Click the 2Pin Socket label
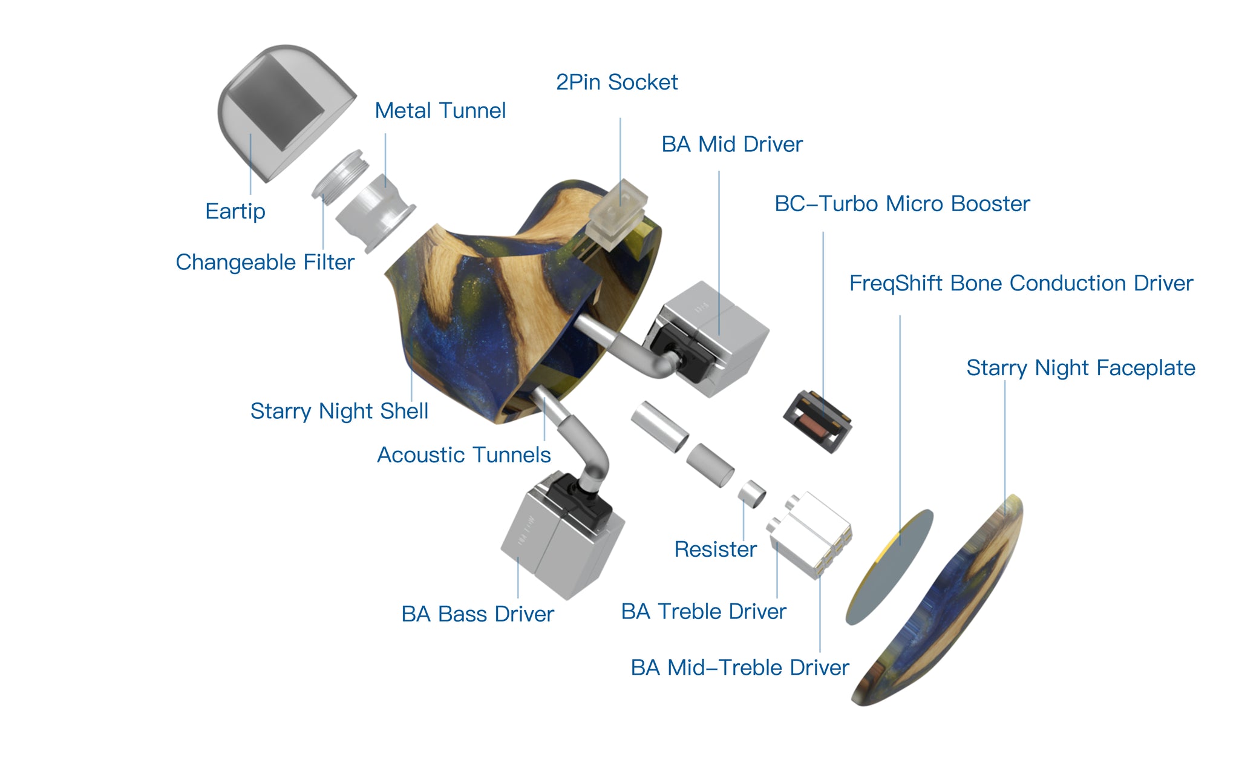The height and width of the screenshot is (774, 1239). (616, 82)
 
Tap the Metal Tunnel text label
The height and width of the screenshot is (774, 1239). (440, 111)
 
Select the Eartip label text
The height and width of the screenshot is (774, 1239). (235, 211)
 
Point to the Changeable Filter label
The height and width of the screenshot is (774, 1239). (264, 262)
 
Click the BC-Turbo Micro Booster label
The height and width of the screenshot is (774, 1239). (901, 204)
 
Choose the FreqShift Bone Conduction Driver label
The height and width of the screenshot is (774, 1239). (1021, 283)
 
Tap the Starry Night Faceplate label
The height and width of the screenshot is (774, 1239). (1080, 368)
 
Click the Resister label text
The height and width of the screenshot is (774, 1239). (715, 549)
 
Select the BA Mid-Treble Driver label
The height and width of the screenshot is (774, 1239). (739, 667)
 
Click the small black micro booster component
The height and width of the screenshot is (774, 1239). (817, 421)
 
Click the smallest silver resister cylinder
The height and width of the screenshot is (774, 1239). (751, 494)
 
